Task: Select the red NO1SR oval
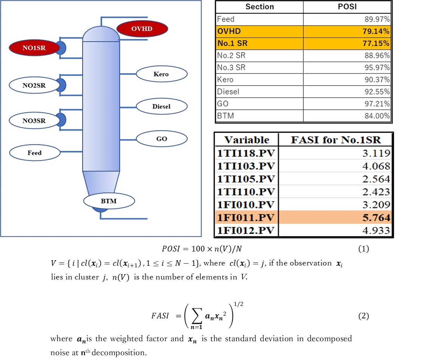coord(34,48)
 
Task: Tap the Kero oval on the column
coord(161,74)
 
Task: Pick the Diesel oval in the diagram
coord(161,107)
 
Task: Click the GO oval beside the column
coord(161,139)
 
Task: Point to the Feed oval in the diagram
coord(34,153)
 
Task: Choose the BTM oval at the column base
coord(109,201)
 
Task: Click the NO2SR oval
coord(34,85)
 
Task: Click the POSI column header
coord(347,7)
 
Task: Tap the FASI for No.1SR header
coord(336,140)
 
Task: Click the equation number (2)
coord(363,316)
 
